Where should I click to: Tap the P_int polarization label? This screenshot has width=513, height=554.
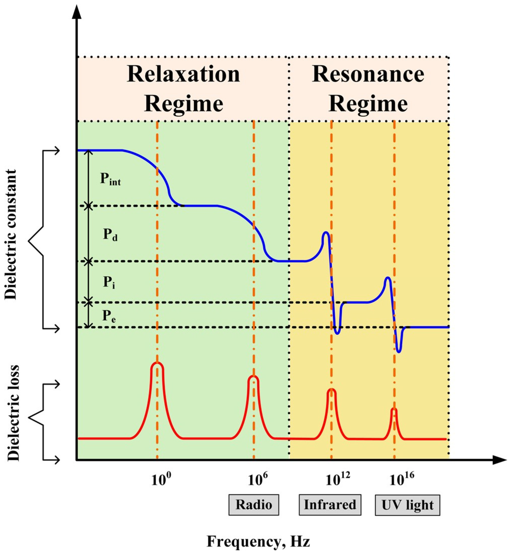click(x=110, y=179)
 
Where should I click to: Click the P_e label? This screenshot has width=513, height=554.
click(x=109, y=316)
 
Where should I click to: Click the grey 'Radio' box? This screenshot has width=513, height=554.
click(x=254, y=505)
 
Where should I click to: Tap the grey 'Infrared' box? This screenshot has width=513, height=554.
click(x=330, y=505)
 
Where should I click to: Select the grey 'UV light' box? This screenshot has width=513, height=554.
click(x=407, y=505)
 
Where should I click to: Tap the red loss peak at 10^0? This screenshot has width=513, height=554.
click(x=157, y=364)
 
